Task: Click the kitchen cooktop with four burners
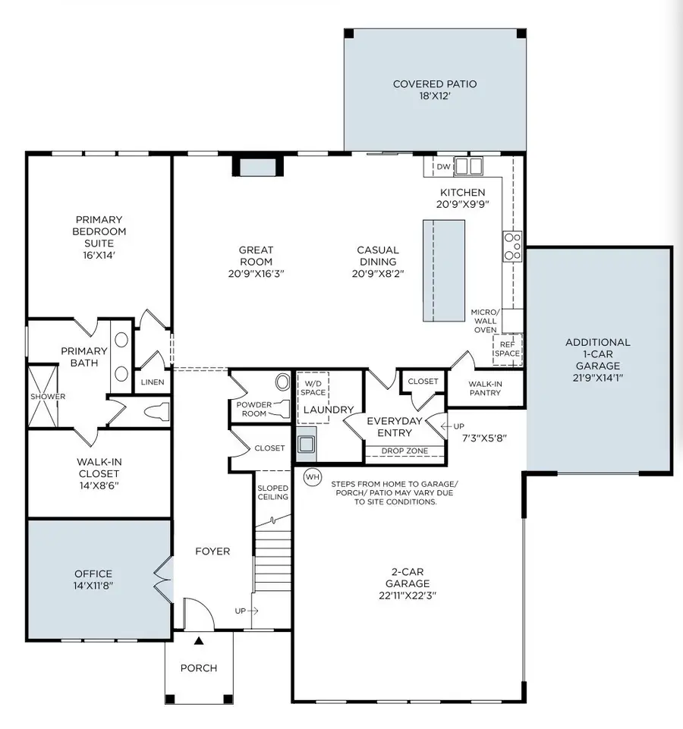(512, 247)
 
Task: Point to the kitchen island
(443, 270)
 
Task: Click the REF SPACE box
(508, 348)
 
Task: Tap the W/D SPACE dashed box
(313, 387)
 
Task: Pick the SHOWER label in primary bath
(48, 396)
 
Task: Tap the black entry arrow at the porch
(199, 641)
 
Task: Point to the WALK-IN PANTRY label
(485, 388)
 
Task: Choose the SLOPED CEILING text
(273, 492)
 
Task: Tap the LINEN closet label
(153, 382)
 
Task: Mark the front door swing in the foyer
(196, 611)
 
